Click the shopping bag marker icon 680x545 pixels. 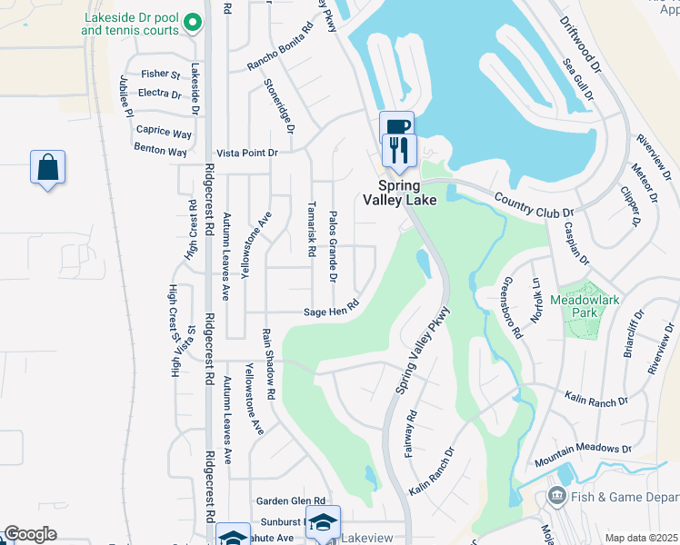click(47, 168)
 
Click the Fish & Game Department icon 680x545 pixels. click(555, 497)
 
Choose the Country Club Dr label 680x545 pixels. click(535, 204)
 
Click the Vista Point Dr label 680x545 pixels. click(245, 154)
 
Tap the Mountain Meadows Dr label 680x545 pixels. click(583, 449)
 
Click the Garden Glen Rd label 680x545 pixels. click(290, 500)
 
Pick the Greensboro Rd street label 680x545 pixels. click(514, 307)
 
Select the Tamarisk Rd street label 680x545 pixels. click(311, 228)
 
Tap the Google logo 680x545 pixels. click(30, 535)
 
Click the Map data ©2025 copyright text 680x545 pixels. click(640, 538)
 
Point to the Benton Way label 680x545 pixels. click(160, 147)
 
